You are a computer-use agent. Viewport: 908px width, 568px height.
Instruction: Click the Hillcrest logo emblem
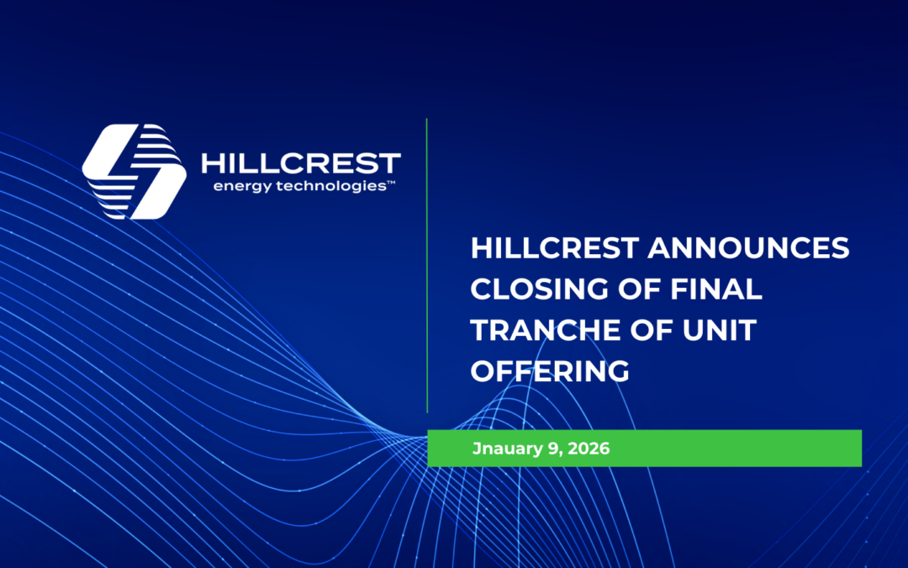pos(135,172)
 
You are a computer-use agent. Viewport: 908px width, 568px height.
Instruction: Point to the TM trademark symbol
pos(391,182)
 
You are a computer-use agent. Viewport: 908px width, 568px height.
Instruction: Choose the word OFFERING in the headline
pos(550,370)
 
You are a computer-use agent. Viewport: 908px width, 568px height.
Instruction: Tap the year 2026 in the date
pos(589,449)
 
